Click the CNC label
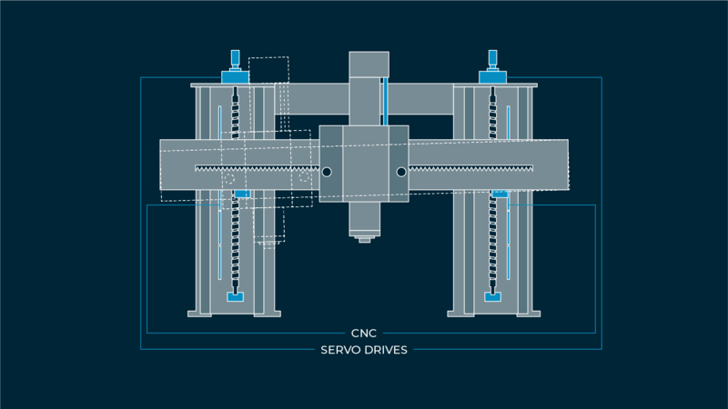tap(364, 334)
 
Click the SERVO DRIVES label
tap(364, 350)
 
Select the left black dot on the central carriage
tap(327, 172)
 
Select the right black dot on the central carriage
tap(400, 172)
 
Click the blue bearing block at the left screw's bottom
tap(236, 296)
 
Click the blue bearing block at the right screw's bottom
tap(492, 296)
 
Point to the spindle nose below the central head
tap(365, 238)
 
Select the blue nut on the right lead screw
tap(500, 194)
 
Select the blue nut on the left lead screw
tap(242, 194)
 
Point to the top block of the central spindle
tap(369, 64)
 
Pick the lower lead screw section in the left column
tap(236, 245)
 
